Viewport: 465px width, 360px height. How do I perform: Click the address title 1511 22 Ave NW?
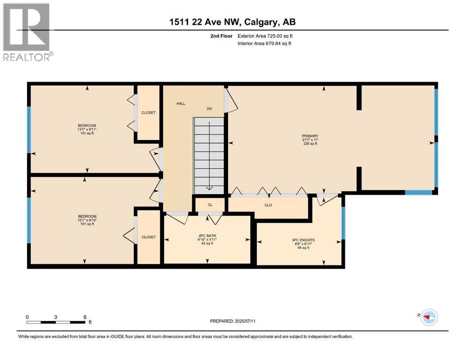pos(232,22)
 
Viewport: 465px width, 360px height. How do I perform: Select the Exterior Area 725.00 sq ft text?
pos(266,36)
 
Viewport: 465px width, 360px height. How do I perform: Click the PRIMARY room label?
pos(310,136)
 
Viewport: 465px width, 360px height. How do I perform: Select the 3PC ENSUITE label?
pos(303,240)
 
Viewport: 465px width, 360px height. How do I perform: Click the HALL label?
pos(181,104)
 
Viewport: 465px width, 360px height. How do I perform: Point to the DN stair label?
pos(209,109)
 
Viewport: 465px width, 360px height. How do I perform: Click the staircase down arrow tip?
pos(209,189)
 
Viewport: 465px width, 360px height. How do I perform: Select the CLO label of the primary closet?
pos(268,205)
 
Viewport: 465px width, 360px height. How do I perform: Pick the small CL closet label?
pos(210,205)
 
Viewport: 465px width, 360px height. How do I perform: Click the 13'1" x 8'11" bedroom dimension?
pos(87,130)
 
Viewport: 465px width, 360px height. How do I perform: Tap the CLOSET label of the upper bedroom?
pos(148,113)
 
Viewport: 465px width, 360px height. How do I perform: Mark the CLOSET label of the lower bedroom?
pos(148,237)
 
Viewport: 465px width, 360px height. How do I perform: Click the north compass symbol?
pos(428,317)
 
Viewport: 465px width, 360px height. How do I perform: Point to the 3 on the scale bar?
pos(56,317)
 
